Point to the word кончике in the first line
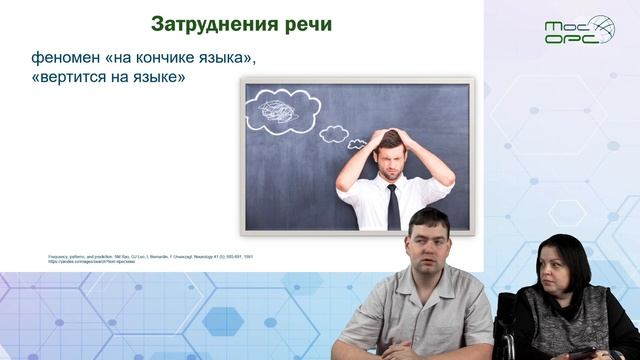[166, 59]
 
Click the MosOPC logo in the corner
[579, 29]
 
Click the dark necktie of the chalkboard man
[394, 205]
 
